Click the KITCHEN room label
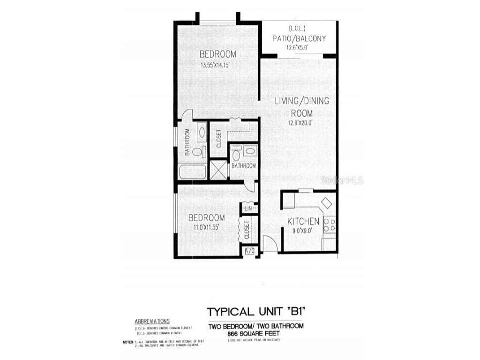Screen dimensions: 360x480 coord(303,221)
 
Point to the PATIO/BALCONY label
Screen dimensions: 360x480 coord(299,38)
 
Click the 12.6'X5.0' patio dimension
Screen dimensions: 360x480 coord(299,47)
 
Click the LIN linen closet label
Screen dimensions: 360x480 coord(248,208)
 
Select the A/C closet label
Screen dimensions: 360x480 coord(249,251)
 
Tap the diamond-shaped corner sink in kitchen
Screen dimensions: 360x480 coord(326,202)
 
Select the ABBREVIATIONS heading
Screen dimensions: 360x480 coord(152,322)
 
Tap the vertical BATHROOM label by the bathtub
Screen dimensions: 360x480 coord(187,142)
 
